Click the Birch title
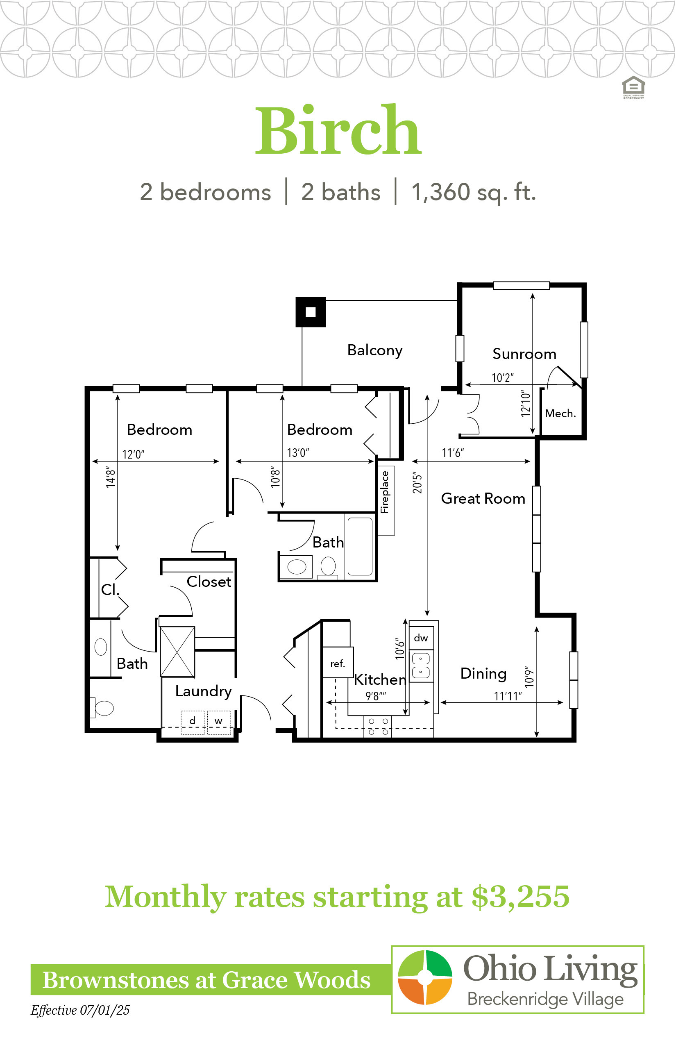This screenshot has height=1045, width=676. [338, 130]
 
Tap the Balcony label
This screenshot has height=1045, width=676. [374, 350]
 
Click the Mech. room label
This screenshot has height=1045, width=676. [560, 413]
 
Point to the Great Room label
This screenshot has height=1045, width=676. [483, 498]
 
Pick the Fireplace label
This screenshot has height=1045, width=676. [385, 492]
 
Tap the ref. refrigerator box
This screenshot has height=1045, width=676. [338, 663]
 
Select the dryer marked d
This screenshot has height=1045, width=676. [193, 722]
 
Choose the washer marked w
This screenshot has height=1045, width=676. [219, 722]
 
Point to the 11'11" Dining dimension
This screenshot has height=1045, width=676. [508, 696]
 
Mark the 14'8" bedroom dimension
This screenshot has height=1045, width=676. [111, 477]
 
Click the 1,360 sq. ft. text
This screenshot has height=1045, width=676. [474, 192]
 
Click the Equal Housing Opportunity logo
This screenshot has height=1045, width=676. [633, 87]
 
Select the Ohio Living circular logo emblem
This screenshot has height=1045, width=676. [425, 977]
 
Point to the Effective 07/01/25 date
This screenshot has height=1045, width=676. [80, 1010]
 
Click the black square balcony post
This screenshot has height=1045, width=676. [311, 312]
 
